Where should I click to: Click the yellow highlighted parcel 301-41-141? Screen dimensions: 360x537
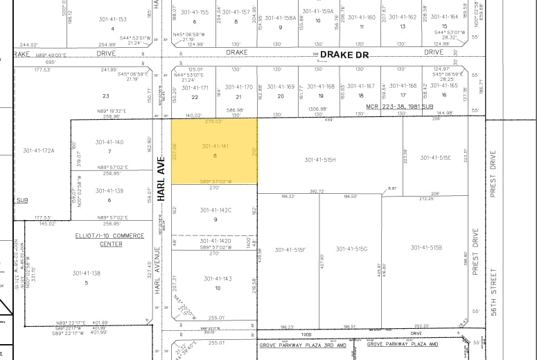[x=215, y=151]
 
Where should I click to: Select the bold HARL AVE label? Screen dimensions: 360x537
[x=160, y=178]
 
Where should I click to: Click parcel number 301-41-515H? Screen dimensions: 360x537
[x=319, y=160]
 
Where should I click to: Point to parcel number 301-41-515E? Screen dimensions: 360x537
[x=435, y=158]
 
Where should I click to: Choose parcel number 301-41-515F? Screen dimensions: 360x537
[x=290, y=250]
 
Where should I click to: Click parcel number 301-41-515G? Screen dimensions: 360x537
[x=351, y=249]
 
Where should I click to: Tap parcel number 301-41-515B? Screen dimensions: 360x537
[x=426, y=247]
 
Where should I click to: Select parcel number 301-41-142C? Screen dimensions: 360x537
[x=215, y=210]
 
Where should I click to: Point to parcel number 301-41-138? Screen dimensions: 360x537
[x=87, y=273]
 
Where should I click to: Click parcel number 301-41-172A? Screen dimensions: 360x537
[x=38, y=150]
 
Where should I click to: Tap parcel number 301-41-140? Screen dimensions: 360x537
[x=109, y=142]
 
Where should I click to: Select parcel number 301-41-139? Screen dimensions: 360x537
[x=109, y=190]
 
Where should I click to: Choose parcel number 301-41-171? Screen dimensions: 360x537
[x=195, y=87]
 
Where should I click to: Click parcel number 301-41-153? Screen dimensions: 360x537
[x=113, y=19]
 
